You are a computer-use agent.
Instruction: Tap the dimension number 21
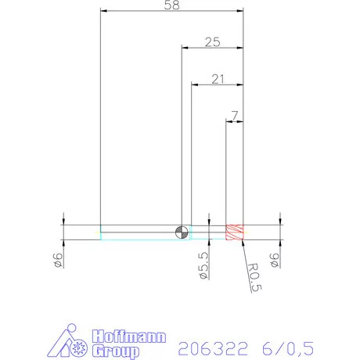pos(218,78)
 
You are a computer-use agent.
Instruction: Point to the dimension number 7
pos(236,116)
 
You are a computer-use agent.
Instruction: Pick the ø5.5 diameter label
pos(204,266)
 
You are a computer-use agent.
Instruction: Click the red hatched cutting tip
pos(235,232)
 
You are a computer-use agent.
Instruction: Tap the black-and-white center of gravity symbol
pos(182,232)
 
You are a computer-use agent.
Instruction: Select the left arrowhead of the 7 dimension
pos(228,121)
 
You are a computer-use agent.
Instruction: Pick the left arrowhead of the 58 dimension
pos(104,11)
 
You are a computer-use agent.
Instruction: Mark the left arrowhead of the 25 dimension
pos(184,48)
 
